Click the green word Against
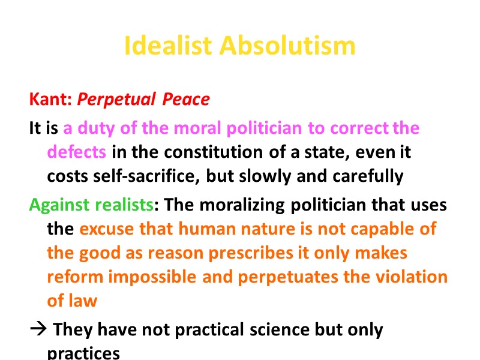coord(58,205)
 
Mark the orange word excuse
coord(107,229)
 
